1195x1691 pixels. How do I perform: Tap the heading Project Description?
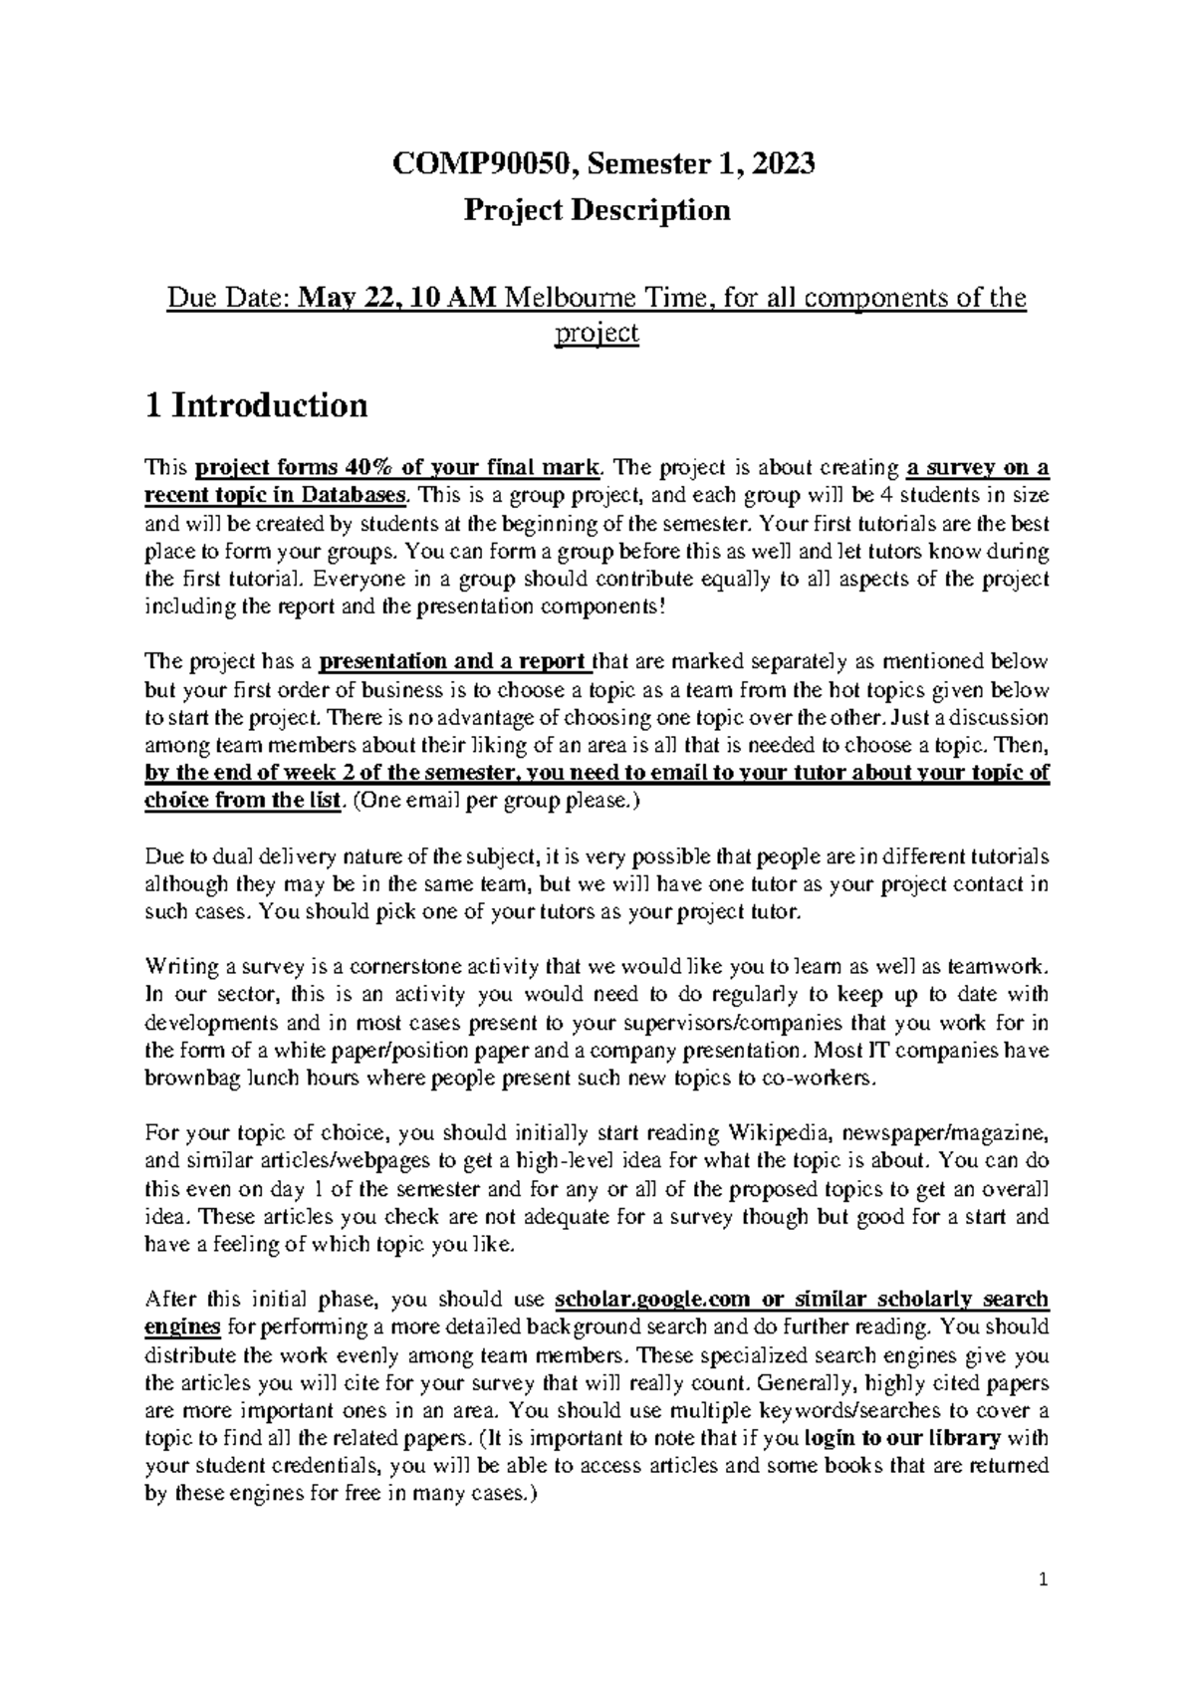[597, 210]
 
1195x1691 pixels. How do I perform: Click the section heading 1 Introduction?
[256, 405]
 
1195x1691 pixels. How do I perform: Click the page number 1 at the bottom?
[1043, 1580]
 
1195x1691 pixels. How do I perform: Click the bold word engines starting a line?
[183, 1327]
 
